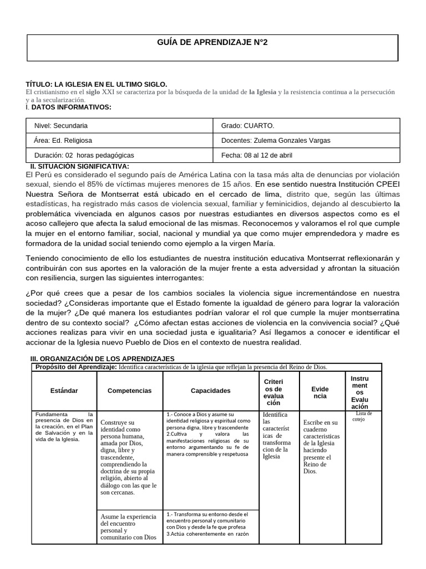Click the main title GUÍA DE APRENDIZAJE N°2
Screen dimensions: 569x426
(212, 42)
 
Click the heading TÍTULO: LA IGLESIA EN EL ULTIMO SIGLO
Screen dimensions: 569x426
(97, 83)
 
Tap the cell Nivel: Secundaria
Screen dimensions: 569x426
(61, 126)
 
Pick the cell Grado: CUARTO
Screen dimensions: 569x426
(247, 126)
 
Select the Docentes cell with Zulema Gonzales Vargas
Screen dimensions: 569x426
(275, 141)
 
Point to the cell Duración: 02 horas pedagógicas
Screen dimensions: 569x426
(84, 155)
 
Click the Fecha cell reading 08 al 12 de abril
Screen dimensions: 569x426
(257, 155)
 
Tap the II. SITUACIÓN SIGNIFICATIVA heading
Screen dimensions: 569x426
(79, 166)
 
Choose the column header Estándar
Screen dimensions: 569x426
(64, 391)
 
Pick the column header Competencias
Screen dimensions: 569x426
(129, 391)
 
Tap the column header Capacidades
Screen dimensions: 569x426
(210, 391)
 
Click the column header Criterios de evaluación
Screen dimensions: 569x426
(273, 391)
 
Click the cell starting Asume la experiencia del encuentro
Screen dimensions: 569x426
(129, 527)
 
